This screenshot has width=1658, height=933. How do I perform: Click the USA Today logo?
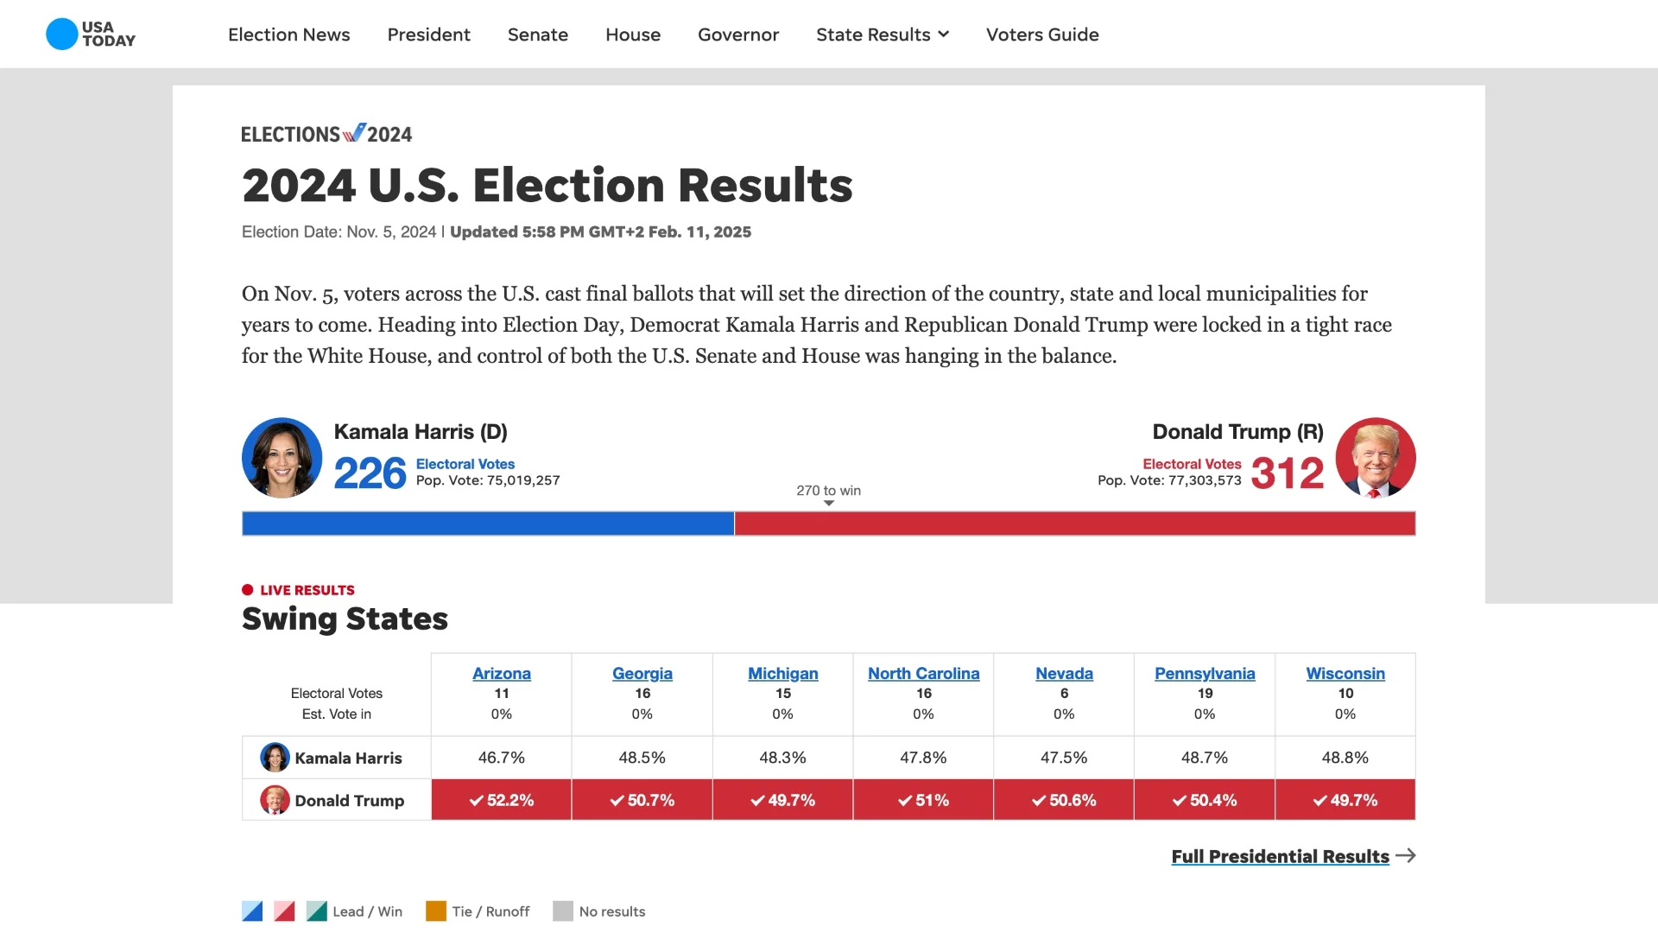click(91, 35)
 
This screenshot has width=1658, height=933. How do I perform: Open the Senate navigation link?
click(537, 35)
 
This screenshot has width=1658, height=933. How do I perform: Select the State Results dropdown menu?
click(882, 35)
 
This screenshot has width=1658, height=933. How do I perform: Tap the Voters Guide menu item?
click(1042, 35)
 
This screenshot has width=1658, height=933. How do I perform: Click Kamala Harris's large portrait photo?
click(282, 458)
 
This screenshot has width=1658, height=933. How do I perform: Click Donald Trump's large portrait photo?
click(1375, 458)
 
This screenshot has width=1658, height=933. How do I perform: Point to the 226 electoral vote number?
click(370, 473)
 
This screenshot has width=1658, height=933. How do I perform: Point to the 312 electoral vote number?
click(1287, 473)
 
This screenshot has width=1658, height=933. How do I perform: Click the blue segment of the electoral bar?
click(488, 524)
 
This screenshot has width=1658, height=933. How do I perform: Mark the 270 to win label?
click(828, 491)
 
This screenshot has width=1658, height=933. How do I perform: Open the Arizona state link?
click(502, 674)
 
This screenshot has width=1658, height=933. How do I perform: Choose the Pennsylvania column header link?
click(1205, 674)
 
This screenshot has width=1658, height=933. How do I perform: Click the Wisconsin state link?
click(1345, 674)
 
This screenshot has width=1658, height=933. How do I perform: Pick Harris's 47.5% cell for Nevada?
click(1064, 758)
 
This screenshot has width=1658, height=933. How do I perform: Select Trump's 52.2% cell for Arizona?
click(502, 800)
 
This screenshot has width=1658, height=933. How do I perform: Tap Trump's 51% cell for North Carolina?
click(923, 800)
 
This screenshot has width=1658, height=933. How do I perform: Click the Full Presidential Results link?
click(1280, 856)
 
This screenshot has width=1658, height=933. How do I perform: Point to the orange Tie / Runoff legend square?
click(436, 911)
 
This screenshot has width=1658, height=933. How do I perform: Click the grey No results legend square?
click(563, 911)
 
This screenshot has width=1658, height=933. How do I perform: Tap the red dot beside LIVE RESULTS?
click(248, 590)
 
